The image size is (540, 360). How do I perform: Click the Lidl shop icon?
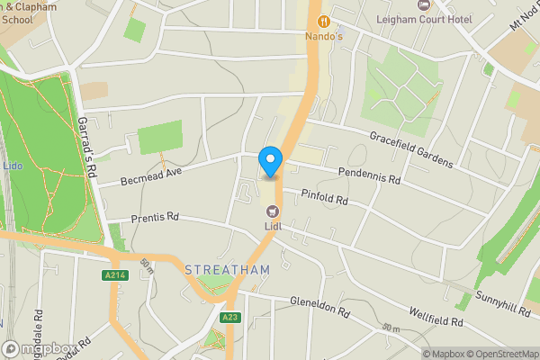tap(272, 211)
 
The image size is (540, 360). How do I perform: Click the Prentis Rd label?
tap(155, 218)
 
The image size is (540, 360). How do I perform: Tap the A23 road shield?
tap(229, 317)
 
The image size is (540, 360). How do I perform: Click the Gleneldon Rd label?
tap(319, 309)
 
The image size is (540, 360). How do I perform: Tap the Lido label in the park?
tap(13, 166)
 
